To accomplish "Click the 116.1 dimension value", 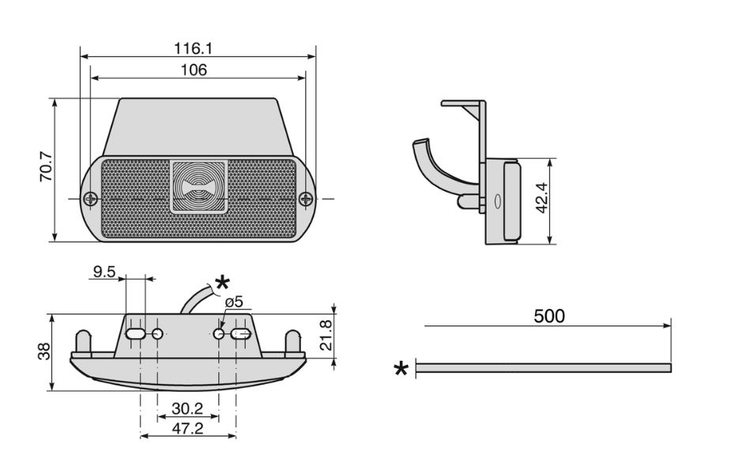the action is [x=193, y=48].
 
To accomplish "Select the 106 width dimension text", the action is [x=194, y=70].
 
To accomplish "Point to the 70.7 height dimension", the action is [x=47, y=167].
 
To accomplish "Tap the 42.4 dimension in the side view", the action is [x=541, y=197].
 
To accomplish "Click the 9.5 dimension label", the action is [x=104, y=272].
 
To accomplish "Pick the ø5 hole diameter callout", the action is [x=234, y=302].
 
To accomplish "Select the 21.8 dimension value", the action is [x=326, y=335].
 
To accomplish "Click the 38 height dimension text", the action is [x=43, y=351].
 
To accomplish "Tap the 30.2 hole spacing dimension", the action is [x=187, y=408].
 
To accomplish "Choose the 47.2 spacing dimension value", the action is [x=187, y=428].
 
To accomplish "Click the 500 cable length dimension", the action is [x=549, y=317].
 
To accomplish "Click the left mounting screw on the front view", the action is [x=90, y=199].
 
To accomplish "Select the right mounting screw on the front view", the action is [x=306, y=199].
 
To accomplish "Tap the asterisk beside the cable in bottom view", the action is [x=222, y=283].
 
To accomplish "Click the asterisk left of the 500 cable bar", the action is [x=401, y=369].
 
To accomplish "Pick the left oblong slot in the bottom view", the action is [x=135, y=333].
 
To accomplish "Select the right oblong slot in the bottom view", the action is [x=241, y=333].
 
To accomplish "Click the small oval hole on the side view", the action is [x=497, y=201].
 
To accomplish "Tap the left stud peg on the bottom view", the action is [x=84, y=342].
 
